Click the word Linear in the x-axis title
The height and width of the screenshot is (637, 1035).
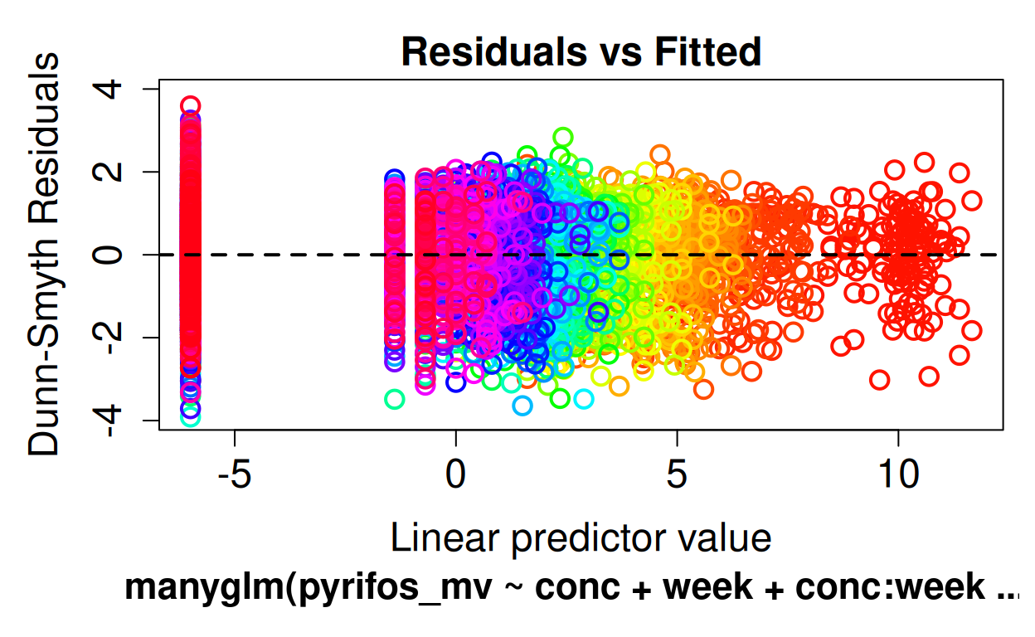(x=445, y=538)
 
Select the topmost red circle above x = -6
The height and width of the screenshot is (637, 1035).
(x=191, y=105)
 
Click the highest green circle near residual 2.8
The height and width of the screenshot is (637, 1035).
(x=563, y=137)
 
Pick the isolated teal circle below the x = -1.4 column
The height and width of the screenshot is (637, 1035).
(x=395, y=399)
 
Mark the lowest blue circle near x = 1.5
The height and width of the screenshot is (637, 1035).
(x=522, y=406)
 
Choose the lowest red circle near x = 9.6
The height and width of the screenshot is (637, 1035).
(x=880, y=380)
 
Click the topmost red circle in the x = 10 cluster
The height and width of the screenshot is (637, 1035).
(x=924, y=162)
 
